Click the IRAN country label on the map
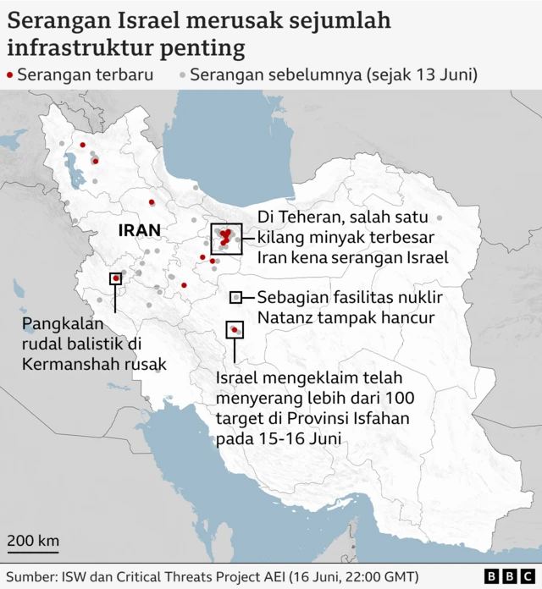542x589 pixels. [x=139, y=229]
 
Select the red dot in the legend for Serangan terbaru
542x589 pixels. [x=9, y=75]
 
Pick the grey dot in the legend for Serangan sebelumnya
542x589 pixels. [x=182, y=75]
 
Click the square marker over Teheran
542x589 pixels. [x=226, y=239]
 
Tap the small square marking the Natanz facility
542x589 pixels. [x=236, y=297]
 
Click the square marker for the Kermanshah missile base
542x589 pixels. [x=115, y=278]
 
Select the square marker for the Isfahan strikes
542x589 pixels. [x=234, y=329]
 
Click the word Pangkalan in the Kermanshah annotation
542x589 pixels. [x=63, y=324]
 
